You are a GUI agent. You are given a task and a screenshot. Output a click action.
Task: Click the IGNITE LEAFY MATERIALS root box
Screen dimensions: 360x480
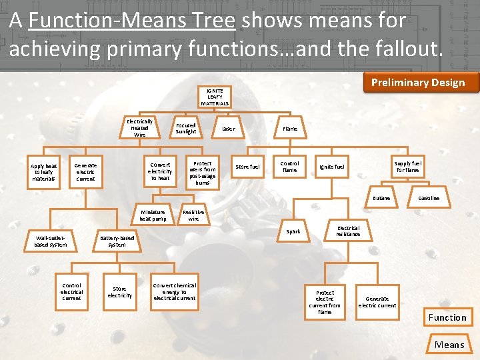pyautogui.click(x=215, y=97)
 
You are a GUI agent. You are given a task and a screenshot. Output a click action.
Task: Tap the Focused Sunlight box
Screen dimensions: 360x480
pyautogui.click(x=186, y=128)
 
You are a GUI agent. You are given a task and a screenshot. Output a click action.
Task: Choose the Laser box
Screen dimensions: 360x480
pyautogui.click(x=228, y=129)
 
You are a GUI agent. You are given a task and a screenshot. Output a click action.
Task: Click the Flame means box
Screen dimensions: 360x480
pyautogui.click(x=290, y=129)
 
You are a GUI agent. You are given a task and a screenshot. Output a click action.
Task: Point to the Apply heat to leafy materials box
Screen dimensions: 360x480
pyautogui.click(x=44, y=171)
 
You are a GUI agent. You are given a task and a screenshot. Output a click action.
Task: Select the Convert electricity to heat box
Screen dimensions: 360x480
pyautogui.click(x=160, y=171)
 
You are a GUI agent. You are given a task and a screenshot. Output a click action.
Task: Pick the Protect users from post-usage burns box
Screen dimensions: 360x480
pyautogui.click(x=203, y=173)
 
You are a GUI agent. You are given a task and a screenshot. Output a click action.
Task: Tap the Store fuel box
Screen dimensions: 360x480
pyautogui.click(x=248, y=167)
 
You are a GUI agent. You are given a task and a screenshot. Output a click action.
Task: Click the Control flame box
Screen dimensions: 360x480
pyautogui.click(x=290, y=167)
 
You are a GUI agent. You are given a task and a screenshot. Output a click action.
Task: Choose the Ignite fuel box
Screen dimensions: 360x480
pyautogui.click(x=332, y=167)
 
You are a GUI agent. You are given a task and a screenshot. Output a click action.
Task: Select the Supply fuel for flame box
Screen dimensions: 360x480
pyautogui.click(x=407, y=167)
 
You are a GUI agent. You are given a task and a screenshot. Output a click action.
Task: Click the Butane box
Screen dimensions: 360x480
pyautogui.click(x=381, y=198)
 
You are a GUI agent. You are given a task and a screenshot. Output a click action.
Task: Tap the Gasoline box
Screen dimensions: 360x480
pyautogui.click(x=429, y=198)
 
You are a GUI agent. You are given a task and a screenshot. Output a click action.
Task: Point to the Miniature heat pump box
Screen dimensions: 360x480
pyautogui.click(x=153, y=215)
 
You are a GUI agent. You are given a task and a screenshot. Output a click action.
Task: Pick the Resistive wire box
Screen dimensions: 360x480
pyautogui.click(x=193, y=215)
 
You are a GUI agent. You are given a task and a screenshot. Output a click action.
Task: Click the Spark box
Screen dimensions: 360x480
pyautogui.click(x=293, y=231)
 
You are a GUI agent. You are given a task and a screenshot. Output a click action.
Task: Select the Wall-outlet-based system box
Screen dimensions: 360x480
pyautogui.click(x=51, y=241)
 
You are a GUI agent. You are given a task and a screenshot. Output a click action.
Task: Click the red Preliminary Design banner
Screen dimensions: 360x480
pyautogui.click(x=418, y=83)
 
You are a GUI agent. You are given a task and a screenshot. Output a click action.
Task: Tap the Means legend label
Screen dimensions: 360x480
pyautogui.click(x=449, y=344)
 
